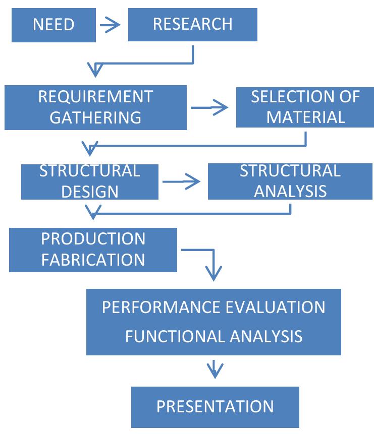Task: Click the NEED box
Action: pos(54,25)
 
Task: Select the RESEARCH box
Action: pos(192,24)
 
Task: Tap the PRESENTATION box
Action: pos(215,407)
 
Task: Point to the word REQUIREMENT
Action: pos(95,96)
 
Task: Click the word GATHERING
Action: pos(95,117)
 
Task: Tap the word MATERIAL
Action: pos(306,117)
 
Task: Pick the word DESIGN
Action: pos(90,192)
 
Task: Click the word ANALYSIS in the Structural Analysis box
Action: pos(290,192)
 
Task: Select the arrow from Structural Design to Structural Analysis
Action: pos(182,182)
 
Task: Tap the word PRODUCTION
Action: pos(93,238)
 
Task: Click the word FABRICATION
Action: pos(93,260)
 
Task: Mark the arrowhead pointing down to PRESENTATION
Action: pos(215,373)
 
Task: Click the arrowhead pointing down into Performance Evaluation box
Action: pos(215,275)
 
